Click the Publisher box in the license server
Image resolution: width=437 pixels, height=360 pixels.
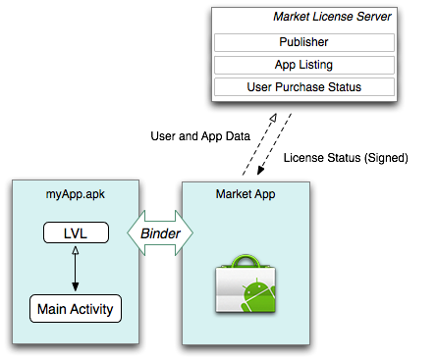click(x=304, y=42)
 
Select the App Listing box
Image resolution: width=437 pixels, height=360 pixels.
click(x=304, y=65)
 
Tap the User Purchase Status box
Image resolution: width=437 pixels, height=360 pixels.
click(x=304, y=87)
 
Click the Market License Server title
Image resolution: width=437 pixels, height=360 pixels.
click(x=332, y=17)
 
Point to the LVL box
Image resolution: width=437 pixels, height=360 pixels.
click(x=76, y=232)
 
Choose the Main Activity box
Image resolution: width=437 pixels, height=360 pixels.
click(x=76, y=309)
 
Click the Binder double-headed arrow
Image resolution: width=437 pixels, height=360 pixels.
click(x=160, y=233)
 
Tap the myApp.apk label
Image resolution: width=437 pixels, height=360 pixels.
click(x=76, y=194)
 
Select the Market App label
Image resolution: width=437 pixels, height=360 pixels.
click(x=246, y=194)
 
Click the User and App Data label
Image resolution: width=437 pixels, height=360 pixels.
click(x=200, y=136)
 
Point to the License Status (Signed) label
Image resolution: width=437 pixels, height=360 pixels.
click(x=346, y=158)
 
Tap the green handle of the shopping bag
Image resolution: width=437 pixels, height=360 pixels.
click(x=246, y=262)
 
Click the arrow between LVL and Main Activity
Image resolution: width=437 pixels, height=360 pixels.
click(x=76, y=269)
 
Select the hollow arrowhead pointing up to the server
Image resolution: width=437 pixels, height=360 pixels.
click(x=273, y=118)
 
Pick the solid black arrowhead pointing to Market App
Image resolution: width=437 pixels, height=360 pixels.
click(x=260, y=170)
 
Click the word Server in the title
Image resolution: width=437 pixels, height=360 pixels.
click(x=374, y=17)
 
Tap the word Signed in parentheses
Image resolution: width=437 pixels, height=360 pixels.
click(x=386, y=158)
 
